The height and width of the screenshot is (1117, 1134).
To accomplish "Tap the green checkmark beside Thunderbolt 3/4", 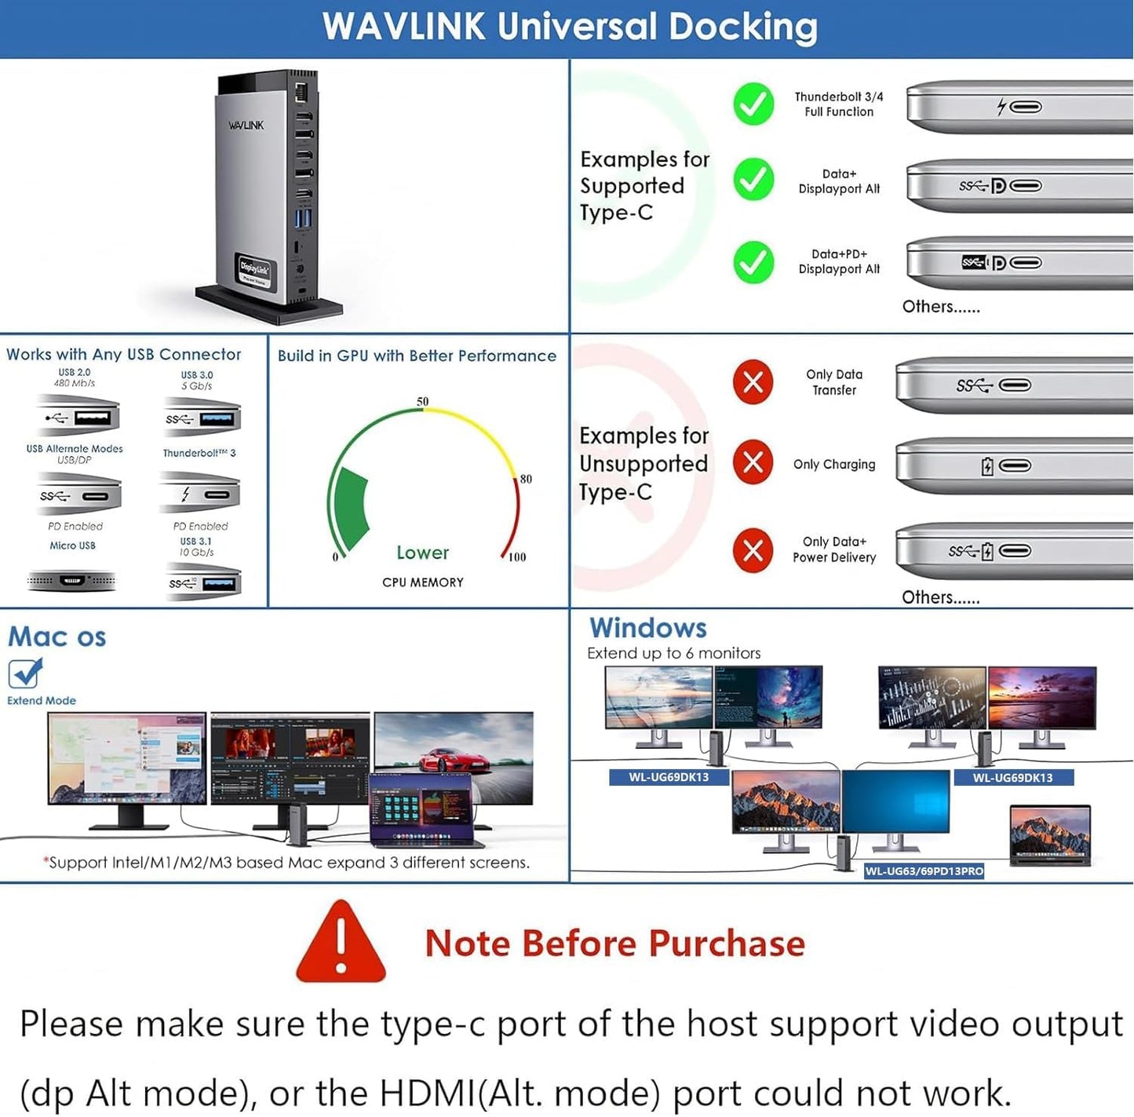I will click(753, 104).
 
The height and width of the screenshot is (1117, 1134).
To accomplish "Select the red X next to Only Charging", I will click(753, 463).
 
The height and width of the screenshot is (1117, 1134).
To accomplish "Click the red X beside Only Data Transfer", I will click(753, 382).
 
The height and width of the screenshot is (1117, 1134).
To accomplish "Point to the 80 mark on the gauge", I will click(526, 479).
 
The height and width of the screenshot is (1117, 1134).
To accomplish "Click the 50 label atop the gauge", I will click(422, 402).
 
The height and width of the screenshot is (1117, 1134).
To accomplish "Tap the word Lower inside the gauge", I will click(422, 553).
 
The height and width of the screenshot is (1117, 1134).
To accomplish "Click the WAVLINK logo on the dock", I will click(246, 126).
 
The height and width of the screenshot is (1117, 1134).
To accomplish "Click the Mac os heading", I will click(57, 637).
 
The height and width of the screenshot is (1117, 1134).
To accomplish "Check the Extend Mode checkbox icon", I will click(24, 673).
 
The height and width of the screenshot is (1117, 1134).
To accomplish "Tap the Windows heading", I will click(648, 628).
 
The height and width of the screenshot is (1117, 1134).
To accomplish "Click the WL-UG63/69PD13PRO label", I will click(924, 871).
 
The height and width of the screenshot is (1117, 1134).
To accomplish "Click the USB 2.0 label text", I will click(75, 373).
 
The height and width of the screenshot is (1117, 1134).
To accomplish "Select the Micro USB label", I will click(72, 546).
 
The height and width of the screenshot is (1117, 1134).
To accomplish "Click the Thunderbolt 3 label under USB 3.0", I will click(199, 453).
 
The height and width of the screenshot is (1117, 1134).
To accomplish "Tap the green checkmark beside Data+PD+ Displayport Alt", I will click(753, 262).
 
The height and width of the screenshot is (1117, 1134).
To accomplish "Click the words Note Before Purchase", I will click(614, 944).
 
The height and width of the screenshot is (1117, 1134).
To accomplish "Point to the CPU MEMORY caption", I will click(422, 582).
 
